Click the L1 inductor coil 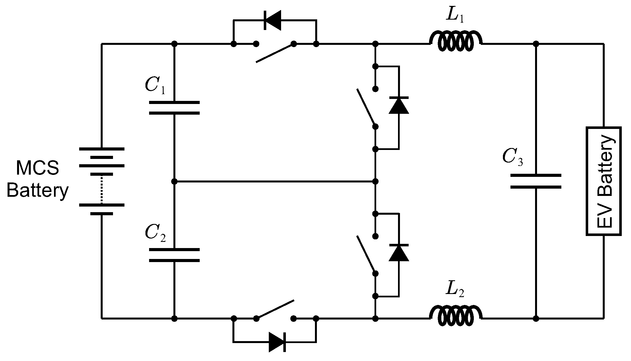(x=455, y=42)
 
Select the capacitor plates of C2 (x=174, y=255)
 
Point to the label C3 (x=512, y=157)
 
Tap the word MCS (x=37, y=168)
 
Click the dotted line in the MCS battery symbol (x=102, y=189)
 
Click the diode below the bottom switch (x=277, y=342)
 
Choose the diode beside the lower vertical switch (x=399, y=253)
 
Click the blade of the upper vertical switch (x=366, y=108)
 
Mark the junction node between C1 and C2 (x=174, y=182)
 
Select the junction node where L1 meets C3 (x=536, y=44)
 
